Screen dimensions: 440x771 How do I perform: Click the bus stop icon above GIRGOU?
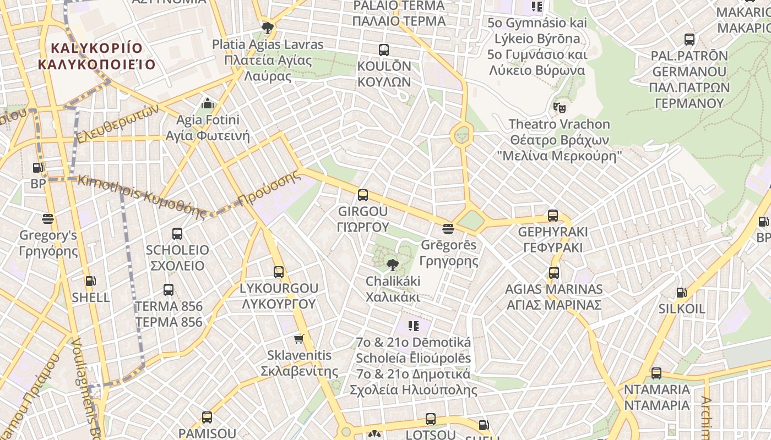click(362, 195)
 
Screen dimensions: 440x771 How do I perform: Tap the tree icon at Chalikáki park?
click(392, 266)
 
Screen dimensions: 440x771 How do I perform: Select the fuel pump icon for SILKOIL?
click(681, 293)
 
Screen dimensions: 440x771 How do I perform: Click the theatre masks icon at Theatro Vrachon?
click(560, 107)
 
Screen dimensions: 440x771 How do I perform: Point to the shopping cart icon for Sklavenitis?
click(299, 339)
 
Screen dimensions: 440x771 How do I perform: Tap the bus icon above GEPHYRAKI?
click(553, 216)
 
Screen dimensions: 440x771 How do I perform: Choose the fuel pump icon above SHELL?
click(90, 282)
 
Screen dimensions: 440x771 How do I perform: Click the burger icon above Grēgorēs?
click(448, 228)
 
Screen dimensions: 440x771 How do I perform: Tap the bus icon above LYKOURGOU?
click(279, 272)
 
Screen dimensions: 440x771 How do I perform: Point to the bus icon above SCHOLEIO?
click(177, 234)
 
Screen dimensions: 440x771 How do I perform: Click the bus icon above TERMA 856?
click(169, 290)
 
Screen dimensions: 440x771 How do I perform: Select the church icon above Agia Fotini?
click(207, 103)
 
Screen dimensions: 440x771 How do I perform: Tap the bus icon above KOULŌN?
click(384, 50)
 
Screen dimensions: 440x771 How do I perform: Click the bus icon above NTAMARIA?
click(656, 373)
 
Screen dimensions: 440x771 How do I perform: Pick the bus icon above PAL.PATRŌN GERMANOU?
click(689, 40)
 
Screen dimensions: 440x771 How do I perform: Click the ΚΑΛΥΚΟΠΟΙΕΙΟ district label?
click(96, 64)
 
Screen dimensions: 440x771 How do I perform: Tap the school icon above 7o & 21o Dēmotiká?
click(414, 326)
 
